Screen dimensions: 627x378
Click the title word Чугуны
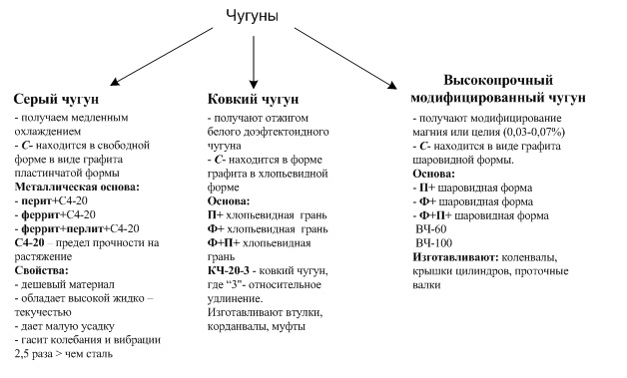coord(253,16)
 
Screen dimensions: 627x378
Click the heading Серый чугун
coord(56,99)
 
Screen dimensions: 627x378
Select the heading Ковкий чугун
coord(253,99)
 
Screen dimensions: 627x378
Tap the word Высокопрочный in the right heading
coord(498,81)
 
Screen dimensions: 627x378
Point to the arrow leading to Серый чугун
coord(161,56)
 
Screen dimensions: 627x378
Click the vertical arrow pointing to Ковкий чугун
coord(254,62)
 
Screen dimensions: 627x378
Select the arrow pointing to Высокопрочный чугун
coord(345,58)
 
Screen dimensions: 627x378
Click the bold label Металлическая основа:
coord(77,187)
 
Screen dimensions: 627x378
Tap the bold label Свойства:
coord(42,270)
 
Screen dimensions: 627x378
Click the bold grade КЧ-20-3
coord(228,270)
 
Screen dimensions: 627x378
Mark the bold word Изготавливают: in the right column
coord(455,257)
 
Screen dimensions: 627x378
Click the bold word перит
coord(37,201)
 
